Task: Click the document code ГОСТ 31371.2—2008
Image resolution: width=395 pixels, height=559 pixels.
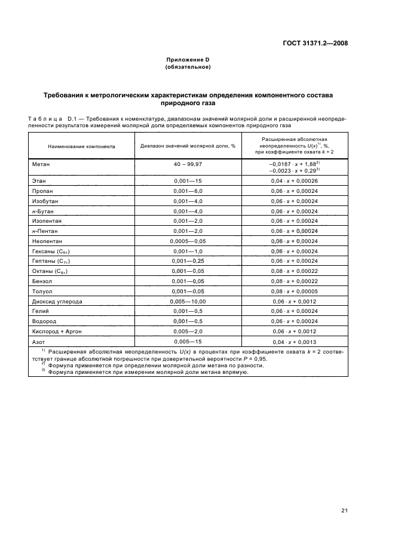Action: pos(316,44)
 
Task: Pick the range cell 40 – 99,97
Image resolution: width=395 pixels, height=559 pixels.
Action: pos(188,163)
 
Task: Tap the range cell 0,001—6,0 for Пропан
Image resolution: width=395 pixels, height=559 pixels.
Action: pos(188,191)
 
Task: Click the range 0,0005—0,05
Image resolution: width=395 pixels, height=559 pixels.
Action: pos(188,241)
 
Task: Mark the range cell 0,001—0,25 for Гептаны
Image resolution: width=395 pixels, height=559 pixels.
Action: pos(188,261)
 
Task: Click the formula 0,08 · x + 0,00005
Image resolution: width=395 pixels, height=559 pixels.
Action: pos(294,291)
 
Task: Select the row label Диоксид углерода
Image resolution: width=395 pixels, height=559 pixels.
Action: pos(57,302)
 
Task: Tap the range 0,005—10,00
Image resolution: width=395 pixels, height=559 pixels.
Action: pos(188,302)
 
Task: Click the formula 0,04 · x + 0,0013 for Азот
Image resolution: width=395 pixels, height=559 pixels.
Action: pos(294,343)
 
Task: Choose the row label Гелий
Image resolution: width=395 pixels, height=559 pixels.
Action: pos(41,312)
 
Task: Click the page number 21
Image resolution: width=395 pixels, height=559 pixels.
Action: pos(344,511)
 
